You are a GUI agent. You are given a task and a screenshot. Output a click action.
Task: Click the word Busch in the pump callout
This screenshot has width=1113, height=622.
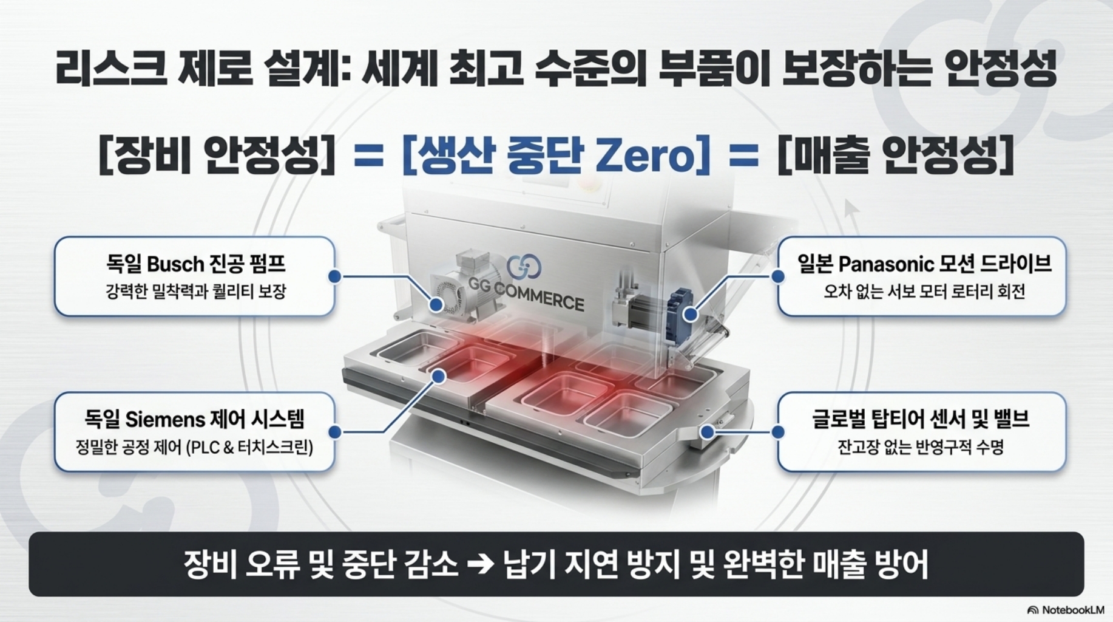click(x=175, y=264)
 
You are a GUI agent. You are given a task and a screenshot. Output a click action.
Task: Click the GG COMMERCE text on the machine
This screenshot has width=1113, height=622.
click(x=526, y=293)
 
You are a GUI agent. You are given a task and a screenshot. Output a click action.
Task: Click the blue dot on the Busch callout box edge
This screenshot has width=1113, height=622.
click(x=334, y=276)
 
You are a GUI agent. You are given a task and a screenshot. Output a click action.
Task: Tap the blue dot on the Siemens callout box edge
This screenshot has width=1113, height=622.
click(x=334, y=432)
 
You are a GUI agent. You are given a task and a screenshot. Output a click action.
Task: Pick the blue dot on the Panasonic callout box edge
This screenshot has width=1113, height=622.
click(x=778, y=276)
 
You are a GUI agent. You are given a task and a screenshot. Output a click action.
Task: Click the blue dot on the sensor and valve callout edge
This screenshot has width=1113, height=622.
click(x=778, y=432)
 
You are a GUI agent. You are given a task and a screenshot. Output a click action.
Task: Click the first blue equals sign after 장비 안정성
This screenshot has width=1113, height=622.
click(x=368, y=157)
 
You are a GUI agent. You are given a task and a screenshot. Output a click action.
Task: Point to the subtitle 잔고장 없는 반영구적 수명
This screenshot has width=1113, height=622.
click(x=921, y=448)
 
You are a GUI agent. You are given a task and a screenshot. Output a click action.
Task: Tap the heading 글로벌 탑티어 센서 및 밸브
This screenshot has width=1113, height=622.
click(x=921, y=420)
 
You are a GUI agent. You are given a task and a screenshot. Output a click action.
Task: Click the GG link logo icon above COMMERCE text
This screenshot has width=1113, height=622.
click(x=524, y=265)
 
